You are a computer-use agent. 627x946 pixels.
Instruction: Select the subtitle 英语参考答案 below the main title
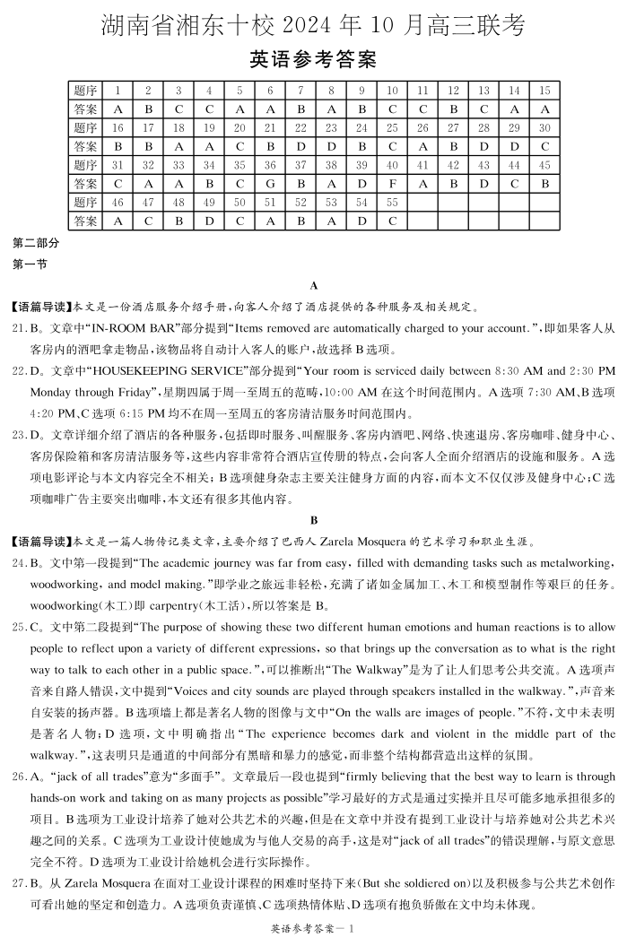(312, 60)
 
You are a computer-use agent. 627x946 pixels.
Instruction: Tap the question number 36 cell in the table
(270, 165)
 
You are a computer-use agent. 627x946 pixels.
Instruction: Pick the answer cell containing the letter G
(270, 183)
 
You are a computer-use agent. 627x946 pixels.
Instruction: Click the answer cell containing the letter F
(392, 183)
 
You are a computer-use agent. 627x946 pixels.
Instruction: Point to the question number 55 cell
(392, 203)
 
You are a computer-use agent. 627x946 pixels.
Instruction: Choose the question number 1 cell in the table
(118, 91)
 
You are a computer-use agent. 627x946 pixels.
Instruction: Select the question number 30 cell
(544, 127)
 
